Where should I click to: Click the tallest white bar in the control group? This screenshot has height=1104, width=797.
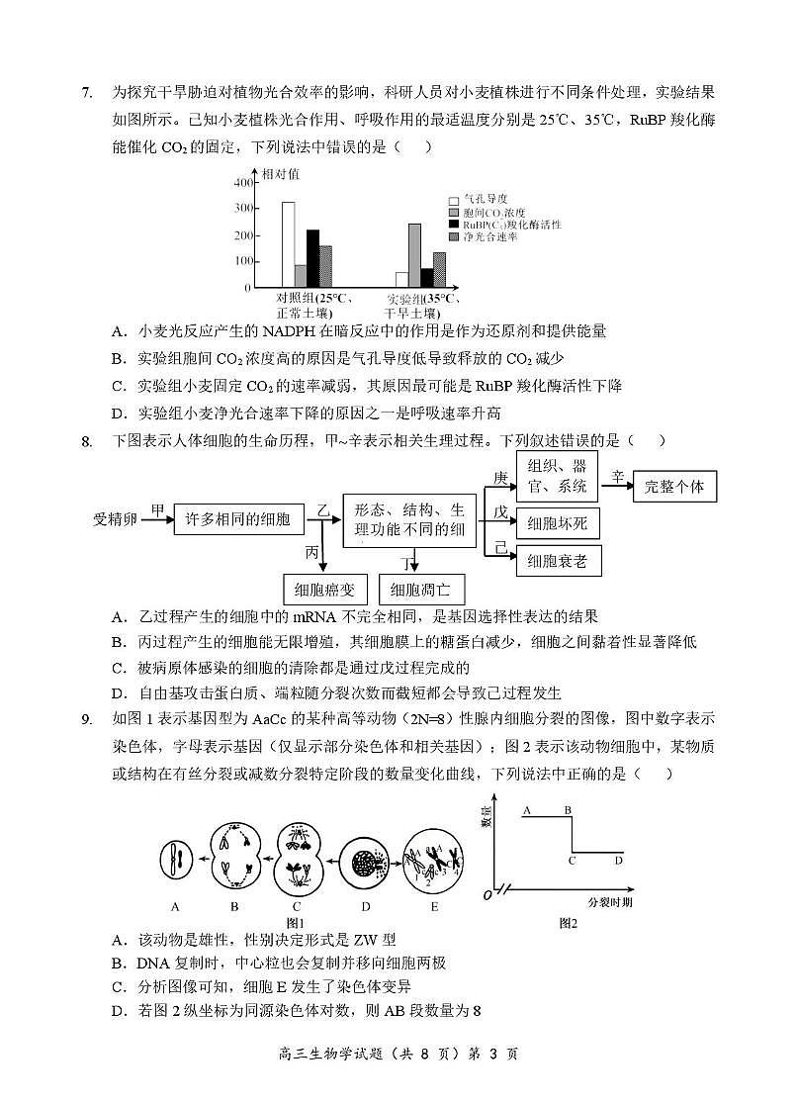288,244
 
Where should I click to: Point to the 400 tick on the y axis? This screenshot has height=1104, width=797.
243,184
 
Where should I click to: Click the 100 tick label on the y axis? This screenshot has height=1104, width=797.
243,261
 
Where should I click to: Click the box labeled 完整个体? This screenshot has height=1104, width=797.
674,487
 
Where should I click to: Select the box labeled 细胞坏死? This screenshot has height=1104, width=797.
558,523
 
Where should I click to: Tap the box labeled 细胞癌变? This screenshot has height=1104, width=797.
324,591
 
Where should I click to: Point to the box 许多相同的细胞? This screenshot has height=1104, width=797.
232,519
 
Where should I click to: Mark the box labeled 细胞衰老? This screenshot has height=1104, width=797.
558,561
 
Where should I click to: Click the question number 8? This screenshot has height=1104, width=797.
87,441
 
